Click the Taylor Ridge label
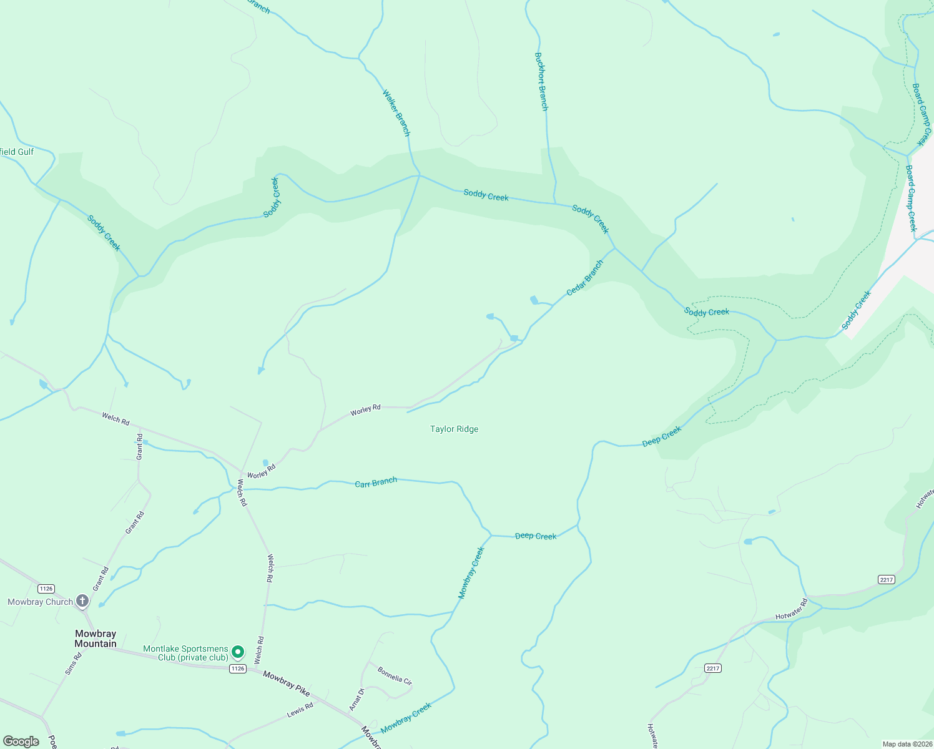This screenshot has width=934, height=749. tap(454, 429)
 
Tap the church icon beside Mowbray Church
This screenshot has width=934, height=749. tap(82, 601)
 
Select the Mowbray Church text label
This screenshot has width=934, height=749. tap(40, 602)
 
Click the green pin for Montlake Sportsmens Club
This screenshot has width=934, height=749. tap(238, 652)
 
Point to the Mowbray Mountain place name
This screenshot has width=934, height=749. tap(96, 639)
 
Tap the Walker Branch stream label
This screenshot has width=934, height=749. tap(396, 113)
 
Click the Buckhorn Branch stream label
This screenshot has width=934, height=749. tap(541, 82)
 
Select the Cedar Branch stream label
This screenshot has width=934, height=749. tap(585, 278)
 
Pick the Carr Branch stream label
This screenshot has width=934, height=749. tap(376, 482)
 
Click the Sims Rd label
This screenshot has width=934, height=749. tap(74, 663)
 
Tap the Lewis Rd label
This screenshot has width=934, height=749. tap(300, 710)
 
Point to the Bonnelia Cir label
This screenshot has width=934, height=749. tap(395, 675)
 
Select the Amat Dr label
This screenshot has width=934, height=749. tap(356, 699)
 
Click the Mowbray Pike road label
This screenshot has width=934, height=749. tap(287, 683)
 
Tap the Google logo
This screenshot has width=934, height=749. tap(21, 742)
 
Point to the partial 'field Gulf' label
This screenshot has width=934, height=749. tap(17, 152)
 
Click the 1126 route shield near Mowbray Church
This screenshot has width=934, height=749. tap(46, 589)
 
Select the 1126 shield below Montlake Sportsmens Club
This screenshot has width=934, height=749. tap(237, 668)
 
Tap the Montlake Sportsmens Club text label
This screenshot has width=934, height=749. tap(185, 653)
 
